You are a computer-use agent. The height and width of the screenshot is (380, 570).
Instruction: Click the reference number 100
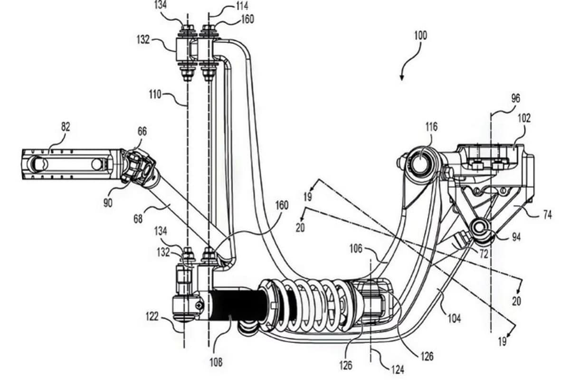[x=420, y=35]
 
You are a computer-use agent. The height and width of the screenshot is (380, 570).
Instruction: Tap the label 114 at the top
[x=242, y=6]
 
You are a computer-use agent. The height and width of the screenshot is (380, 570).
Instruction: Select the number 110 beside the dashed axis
[x=155, y=95]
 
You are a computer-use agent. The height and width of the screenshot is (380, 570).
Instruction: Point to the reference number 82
[x=66, y=127]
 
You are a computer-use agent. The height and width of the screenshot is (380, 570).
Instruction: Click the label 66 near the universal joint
[x=142, y=132]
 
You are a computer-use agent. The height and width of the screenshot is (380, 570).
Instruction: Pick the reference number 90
[x=108, y=203]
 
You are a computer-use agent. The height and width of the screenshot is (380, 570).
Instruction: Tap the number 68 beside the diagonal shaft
[x=138, y=219]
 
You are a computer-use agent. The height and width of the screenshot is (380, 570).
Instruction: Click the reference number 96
[x=515, y=98]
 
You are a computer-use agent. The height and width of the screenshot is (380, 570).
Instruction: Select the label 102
[x=524, y=118]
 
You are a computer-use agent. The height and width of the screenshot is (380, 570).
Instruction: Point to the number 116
[x=431, y=127]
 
